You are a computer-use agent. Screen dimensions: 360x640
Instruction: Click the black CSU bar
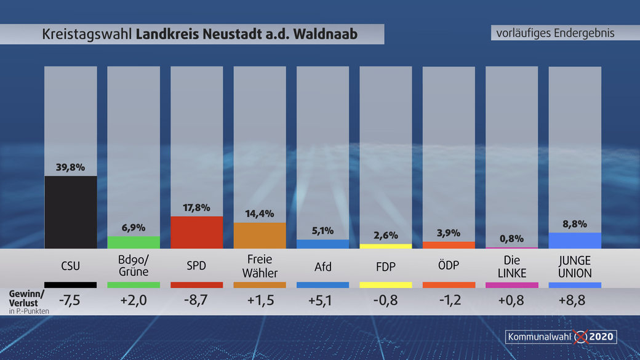click(70, 212)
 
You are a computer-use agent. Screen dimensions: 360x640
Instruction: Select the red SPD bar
click(196, 232)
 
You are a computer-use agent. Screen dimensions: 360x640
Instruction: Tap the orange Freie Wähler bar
click(260, 235)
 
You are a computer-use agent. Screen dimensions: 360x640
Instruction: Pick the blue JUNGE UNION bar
click(574, 240)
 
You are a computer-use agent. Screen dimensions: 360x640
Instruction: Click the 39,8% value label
click(70, 167)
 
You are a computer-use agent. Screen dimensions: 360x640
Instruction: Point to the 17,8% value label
click(196, 207)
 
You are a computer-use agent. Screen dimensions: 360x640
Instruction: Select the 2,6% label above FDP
click(385, 235)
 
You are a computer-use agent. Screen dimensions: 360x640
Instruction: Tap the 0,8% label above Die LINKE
click(511, 238)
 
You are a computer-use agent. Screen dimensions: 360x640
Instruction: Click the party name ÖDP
click(448, 266)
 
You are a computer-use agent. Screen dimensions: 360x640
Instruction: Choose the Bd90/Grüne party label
click(134, 266)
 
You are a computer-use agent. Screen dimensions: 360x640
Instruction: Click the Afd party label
click(322, 266)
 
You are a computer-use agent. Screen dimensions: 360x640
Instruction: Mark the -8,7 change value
click(196, 302)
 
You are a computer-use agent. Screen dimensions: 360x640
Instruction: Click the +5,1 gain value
click(322, 302)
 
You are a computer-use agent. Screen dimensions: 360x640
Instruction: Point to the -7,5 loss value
click(70, 302)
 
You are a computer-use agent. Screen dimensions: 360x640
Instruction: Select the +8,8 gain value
click(574, 302)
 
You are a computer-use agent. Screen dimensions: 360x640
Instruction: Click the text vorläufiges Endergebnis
click(555, 33)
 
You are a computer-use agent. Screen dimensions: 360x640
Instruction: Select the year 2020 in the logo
click(602, 337)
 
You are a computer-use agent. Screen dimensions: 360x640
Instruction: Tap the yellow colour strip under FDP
click(385, 285)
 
